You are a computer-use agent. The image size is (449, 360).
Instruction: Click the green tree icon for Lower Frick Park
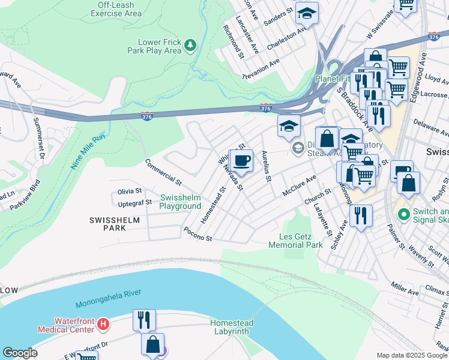190,45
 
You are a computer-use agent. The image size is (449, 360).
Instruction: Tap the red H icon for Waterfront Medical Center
104,325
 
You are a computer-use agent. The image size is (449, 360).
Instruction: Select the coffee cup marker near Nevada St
241,161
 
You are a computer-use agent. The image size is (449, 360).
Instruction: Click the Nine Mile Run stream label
88,151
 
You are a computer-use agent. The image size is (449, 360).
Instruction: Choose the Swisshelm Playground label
180,202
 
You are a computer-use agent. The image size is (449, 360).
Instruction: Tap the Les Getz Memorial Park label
295,241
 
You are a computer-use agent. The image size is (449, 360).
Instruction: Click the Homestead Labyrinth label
232,327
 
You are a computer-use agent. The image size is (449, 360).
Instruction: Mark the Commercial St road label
163,172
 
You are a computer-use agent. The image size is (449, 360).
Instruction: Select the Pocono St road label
198,234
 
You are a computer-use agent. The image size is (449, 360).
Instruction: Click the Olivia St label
129,191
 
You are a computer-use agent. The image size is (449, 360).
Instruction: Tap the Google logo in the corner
20,353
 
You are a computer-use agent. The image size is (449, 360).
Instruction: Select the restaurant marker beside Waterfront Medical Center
144,319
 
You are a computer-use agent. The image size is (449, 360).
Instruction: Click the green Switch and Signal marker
404,213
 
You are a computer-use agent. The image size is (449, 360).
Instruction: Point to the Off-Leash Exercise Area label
116,9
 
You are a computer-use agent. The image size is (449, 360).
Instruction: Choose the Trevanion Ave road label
261,70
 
